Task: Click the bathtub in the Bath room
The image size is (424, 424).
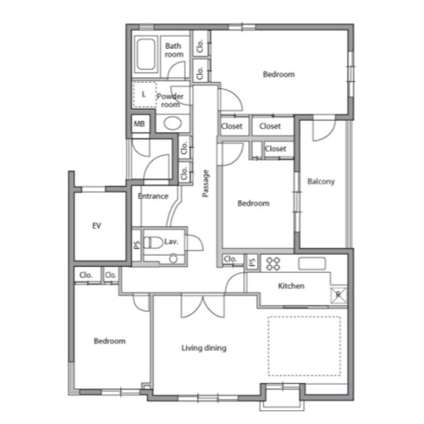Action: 146,55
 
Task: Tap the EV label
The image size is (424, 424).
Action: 97,225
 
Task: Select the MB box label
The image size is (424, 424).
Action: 139,124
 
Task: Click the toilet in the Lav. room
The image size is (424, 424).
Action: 153,242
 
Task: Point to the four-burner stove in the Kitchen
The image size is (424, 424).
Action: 273,263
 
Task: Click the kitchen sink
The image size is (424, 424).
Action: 312,263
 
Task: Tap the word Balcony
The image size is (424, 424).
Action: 321,181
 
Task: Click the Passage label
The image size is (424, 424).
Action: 206,183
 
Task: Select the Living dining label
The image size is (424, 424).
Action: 204,348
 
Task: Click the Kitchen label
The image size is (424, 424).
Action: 291,286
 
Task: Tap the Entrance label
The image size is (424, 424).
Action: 153,196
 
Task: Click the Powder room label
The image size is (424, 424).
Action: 170,101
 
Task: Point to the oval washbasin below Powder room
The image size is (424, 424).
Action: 172,123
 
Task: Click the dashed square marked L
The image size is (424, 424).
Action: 144,95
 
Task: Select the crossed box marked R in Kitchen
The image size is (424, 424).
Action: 338,294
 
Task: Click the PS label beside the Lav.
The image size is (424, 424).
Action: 137,245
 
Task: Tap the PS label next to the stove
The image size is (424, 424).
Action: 252,262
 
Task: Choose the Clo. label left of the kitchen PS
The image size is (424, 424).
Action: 230,259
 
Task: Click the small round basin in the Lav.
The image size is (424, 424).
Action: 173,259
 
